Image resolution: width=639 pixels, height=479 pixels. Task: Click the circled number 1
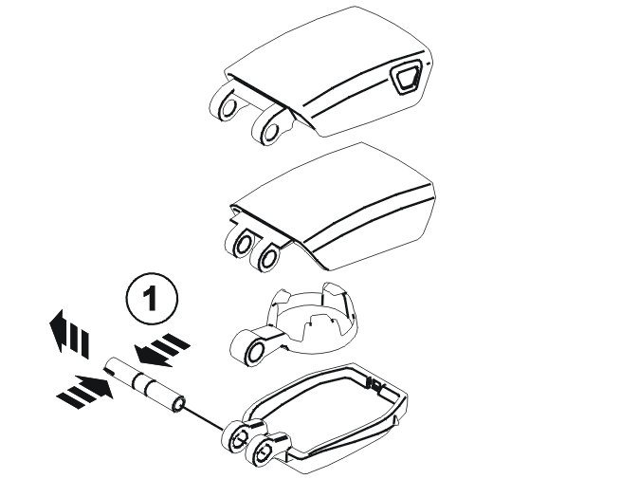click(152, 299)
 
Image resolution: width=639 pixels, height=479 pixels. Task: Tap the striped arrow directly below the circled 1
click(161, 349)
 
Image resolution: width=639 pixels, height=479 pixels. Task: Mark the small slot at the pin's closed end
click(109, 370)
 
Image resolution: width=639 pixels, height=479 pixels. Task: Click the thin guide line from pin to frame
click(204, 418)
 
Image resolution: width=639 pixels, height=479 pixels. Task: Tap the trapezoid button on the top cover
click(405, 77)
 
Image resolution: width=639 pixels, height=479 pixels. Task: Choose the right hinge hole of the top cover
click(271, 131)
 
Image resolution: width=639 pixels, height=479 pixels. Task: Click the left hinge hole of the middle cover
click(244, 245)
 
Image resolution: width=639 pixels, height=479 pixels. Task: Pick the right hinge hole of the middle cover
click(268, 258)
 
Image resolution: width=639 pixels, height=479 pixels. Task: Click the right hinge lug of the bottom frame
click(265, 451)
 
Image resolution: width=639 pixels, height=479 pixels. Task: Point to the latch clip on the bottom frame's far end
click(374, 384)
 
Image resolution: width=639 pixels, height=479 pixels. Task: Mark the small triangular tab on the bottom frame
click(395, 420)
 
